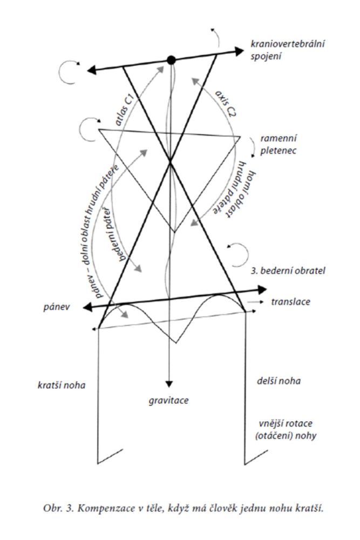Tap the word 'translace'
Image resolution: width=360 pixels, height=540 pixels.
291,301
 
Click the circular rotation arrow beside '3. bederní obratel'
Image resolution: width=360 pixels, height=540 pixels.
238,253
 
